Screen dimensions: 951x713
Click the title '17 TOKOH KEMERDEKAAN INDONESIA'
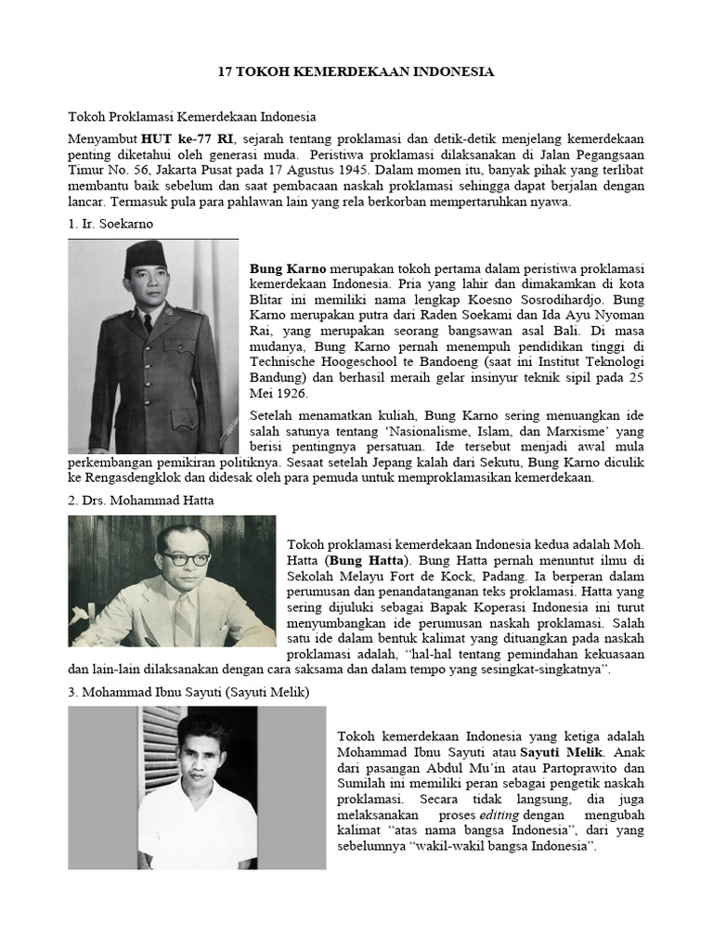(356, 72)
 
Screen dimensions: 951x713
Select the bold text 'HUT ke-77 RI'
(175, 137)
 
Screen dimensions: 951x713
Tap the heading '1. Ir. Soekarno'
(110, 224)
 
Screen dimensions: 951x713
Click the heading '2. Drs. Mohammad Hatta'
(141, 501)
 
